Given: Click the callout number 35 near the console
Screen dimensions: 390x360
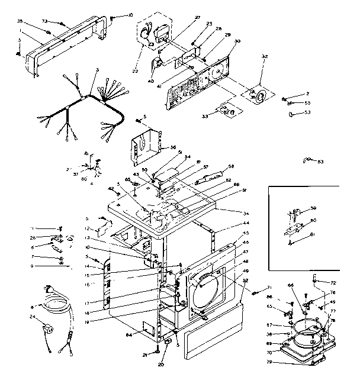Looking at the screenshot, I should point(20,21).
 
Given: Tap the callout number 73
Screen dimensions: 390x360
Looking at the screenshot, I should point(44,21).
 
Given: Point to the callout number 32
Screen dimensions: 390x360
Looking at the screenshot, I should point(265,56).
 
